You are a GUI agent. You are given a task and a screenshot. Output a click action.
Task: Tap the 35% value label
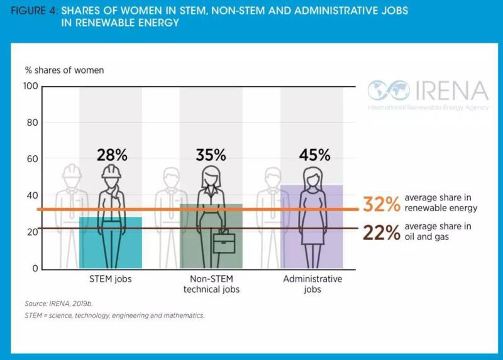coord(211,155)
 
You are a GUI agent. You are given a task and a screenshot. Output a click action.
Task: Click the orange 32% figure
coord(381,204)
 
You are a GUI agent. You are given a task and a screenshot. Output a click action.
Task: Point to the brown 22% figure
coord(381,232)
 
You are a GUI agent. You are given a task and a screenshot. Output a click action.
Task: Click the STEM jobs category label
coord(111,279)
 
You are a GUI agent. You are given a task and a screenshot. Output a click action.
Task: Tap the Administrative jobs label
coord(312,284)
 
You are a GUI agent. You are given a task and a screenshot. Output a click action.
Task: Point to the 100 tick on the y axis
coord(31,86)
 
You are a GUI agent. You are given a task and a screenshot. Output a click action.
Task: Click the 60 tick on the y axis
coord(31,159)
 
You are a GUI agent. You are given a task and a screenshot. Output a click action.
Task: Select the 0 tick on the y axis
coord(35,269)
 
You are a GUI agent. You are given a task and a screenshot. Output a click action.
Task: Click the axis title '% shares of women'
coord(64,70)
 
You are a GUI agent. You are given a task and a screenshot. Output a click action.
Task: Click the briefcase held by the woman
coord(224,241)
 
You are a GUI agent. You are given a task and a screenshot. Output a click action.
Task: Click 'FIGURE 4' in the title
coord(35,11)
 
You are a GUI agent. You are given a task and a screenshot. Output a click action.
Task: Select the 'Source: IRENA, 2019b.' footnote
coord(59,303)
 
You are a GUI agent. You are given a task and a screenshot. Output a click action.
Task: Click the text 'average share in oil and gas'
coord(438,232)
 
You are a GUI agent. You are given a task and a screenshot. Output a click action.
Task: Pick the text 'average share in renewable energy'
coord(441,203)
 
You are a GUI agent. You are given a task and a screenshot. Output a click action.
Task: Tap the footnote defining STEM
coord(114,315)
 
